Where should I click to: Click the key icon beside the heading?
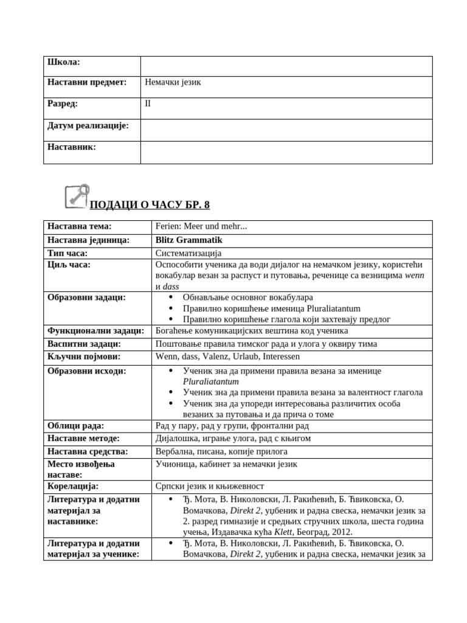(x=77, y=196)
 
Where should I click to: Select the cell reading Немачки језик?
(x=173, y=83)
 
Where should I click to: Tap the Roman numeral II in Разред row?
(x=148, y=103)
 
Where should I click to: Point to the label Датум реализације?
(x=88, y=125)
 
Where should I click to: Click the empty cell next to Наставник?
(x=286, y=152)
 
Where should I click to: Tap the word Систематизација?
(x=189, y=252)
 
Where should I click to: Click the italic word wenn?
(x=414, y=276)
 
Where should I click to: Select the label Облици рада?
(x=76, y=425)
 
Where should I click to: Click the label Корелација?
(x=73, y=486)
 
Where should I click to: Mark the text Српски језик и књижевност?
(x=210, y=486)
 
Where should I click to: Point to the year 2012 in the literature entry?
(x=342, y=532)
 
